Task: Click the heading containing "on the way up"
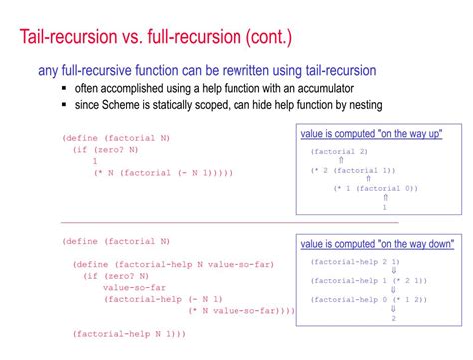(372, 134)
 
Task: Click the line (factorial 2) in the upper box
(339, 151)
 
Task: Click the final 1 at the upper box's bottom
(384, 207)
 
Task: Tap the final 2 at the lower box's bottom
(393, 318)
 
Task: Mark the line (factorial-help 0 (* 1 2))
(369, 299)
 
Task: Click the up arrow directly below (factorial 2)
(341, 160)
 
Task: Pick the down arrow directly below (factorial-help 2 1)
(393, 270)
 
